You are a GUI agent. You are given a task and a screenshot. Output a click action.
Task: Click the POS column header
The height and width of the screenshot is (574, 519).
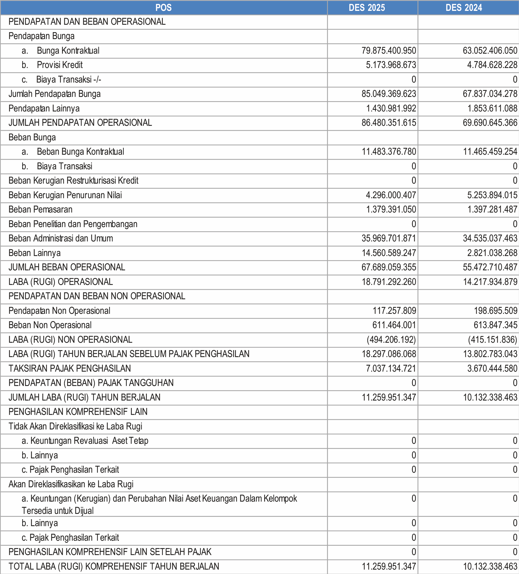click(x=164, y=8)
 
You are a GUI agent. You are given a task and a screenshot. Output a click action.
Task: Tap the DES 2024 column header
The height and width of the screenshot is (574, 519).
click(x=464, y=8)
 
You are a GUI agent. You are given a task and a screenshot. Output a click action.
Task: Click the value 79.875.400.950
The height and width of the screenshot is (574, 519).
click(x=389, y=51)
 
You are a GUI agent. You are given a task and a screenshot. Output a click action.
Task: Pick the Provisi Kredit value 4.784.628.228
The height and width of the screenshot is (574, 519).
click(x=492, y=65)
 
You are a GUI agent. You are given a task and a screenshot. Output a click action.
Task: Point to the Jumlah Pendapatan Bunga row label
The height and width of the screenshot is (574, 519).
click(x=54, y=94)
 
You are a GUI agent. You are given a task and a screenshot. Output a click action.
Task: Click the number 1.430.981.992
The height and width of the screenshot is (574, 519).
click(x=391, y=108)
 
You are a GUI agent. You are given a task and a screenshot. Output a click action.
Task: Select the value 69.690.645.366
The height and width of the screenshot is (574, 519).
click(x=490, y=123)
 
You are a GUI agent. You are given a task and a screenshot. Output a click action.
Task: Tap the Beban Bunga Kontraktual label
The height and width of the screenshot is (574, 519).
click(x=80, y=152)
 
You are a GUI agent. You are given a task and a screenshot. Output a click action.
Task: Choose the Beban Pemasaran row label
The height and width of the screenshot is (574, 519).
click(x=40, y=210)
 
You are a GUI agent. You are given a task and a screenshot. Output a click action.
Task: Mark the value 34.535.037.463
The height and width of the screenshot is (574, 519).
click(x=490, y=238)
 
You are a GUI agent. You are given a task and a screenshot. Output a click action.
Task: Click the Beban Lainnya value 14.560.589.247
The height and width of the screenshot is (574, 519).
click(x=389, y=253)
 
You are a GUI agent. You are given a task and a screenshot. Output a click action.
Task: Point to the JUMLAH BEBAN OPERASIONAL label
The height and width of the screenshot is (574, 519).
click(x=67, y=267)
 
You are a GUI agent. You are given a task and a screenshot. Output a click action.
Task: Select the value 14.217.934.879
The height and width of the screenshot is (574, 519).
click(x=490, y=282)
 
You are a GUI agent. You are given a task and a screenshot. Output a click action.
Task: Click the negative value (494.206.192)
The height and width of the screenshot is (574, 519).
click(x=391, y=340)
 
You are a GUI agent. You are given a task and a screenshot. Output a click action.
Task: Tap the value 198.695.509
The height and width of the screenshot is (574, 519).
click(x=495, y=311)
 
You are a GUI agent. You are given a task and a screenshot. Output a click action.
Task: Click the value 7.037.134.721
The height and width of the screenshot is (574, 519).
click(x=391, y=368)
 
